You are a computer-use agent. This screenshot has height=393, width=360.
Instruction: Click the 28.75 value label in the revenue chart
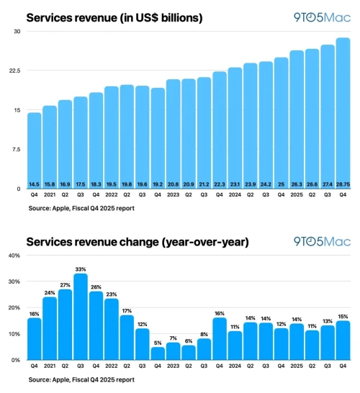point(343,184)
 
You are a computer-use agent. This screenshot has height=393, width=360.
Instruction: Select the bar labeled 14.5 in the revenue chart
point(34,151)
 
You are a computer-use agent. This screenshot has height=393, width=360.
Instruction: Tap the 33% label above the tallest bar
point(81,269)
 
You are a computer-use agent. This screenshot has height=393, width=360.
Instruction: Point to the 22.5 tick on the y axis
point(15,71)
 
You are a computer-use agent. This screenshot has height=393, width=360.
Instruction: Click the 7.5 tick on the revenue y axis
point(17,150)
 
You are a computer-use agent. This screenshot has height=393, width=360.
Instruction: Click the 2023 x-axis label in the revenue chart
point(174,194)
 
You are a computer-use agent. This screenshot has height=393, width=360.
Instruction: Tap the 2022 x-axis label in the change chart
point(112,366)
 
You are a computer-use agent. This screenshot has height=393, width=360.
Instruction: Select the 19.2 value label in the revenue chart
point(158,184)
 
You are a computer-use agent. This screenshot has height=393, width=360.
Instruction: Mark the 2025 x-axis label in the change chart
point(297,366)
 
